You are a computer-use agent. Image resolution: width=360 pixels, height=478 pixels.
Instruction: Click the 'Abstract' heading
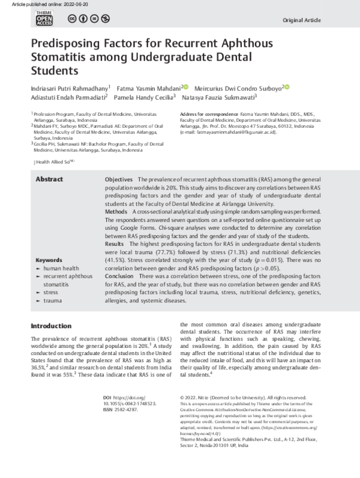point(49,179)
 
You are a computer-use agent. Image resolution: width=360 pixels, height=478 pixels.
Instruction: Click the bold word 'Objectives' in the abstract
point(118,180)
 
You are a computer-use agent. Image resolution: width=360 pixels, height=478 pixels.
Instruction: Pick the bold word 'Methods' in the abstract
point(116,212)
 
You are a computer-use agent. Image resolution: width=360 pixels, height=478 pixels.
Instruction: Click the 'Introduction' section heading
point(54,326)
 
